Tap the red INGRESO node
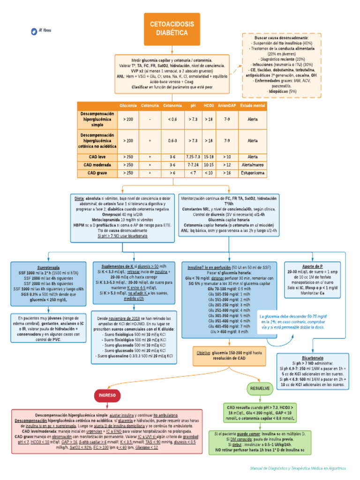point(107,395)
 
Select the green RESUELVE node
point(260,389)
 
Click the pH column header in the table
point(193,105)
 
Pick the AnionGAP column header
point(227,105)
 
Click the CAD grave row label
point(97,173)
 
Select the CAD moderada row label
point(97,165)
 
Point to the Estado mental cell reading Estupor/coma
point(252,173)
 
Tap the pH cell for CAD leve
point(193,157)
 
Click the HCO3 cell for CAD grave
point(209,173)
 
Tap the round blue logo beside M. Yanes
point(34,31)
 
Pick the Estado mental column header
point(252,105)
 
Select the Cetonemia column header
point(172,105)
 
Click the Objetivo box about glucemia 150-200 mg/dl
point(230,355)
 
